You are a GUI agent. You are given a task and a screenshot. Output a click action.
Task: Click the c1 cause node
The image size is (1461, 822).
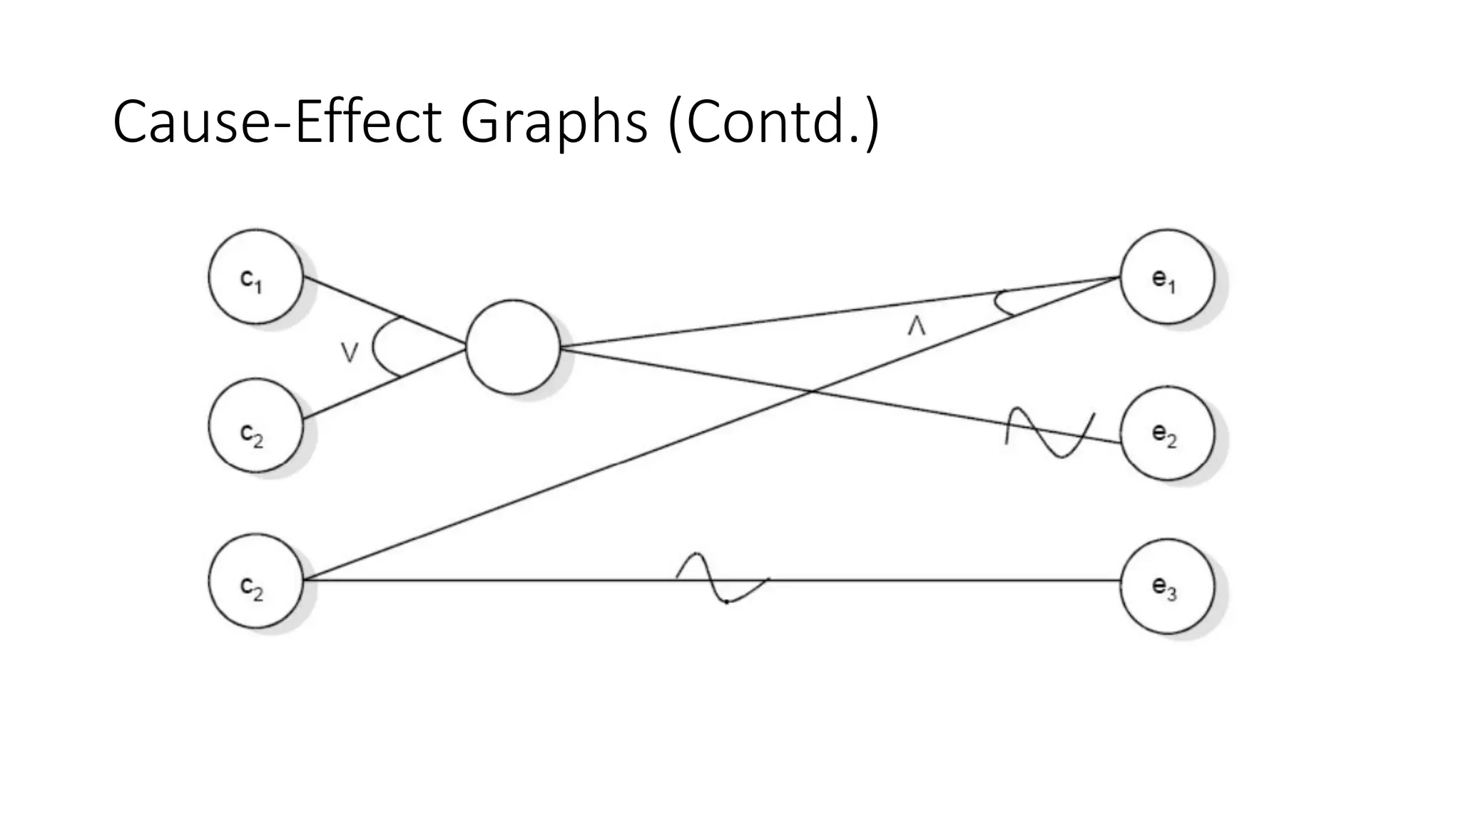coord(255,277)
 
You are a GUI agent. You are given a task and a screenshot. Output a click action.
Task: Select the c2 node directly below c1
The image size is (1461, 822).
coord(255,426)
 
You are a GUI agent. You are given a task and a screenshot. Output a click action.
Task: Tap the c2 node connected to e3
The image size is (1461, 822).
coord(255,581)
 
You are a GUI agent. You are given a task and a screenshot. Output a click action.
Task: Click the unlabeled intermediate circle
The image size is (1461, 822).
coord(512,347)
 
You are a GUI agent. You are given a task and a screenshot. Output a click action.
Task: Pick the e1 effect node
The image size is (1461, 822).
coord(1167,277)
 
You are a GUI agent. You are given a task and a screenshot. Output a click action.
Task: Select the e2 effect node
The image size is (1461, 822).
coord(1167,433)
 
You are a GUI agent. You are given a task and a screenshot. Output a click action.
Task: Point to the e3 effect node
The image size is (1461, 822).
coord(1167,586)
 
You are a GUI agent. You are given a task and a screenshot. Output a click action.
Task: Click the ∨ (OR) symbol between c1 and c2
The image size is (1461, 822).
coord(349,352)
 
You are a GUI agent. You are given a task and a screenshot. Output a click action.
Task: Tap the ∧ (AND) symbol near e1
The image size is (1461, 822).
coord(916,327)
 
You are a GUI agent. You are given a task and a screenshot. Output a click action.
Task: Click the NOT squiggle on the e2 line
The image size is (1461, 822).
coord(1049,432)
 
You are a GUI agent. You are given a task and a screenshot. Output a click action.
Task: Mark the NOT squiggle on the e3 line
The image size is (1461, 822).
coord(722,578)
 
